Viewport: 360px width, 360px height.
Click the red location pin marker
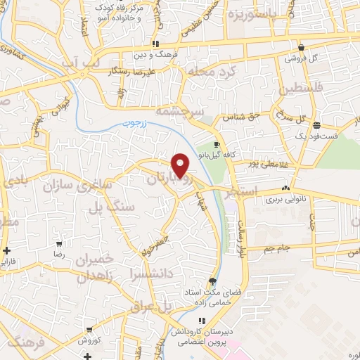click(181, 165)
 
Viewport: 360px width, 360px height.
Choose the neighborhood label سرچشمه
click(200, 112)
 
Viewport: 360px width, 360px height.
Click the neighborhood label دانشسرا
click(155, 271)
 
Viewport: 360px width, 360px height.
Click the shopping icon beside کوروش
click(89, 328)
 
